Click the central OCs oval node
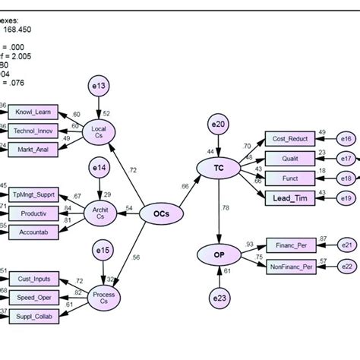161,216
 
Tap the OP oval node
219,254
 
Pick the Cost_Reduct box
287,138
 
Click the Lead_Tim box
287,198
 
